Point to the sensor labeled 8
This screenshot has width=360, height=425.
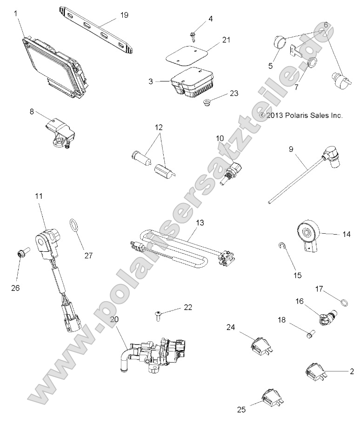[x=59, y=132]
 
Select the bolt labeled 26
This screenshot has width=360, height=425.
[x=20, y=254]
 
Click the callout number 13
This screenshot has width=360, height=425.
[x=200, y=224]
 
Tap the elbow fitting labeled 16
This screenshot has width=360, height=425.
[x=323, y=317]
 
